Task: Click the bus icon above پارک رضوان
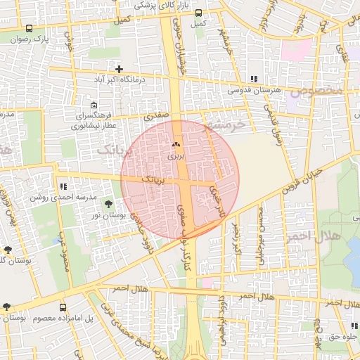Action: click(x=29, y=29)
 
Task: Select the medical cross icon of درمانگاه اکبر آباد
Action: click(x=120, y=69)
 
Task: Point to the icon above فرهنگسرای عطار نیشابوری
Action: click(x=94, y=105)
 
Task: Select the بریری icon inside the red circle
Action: click(x=174, y=144)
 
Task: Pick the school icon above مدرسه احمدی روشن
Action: click(x=63, y=187)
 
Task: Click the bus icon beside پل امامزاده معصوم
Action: click(x=63, y=307)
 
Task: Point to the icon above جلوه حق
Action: click(x=354, y=326)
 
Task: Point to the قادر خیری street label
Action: click(x=219, y=201)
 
